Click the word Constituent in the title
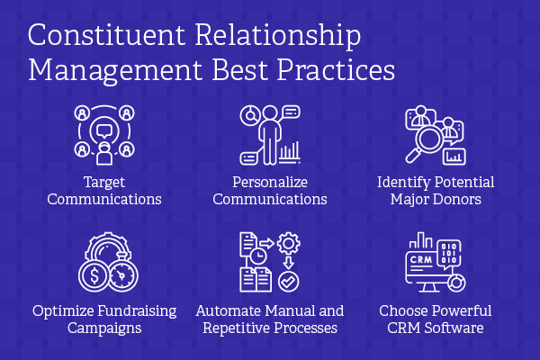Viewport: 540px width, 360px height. pos(106,35)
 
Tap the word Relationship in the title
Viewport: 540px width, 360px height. pos(278,37)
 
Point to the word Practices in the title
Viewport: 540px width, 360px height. pos(336,69)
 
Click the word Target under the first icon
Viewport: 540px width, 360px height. pos(104,183)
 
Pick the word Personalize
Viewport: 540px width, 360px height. pos(270,182)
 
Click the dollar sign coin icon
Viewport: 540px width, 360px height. pos(94,276)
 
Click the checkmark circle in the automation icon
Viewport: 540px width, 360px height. pos(289,282)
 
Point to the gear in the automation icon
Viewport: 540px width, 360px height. pos(289,244)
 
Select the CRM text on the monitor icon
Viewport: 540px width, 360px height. pos(421,259)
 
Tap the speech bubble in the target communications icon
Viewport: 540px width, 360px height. pos(104,131)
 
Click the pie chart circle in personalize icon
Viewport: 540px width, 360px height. pos(250,115)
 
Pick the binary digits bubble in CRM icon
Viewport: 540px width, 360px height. pos(449,254)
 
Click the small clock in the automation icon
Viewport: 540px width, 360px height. pos(257,256)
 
